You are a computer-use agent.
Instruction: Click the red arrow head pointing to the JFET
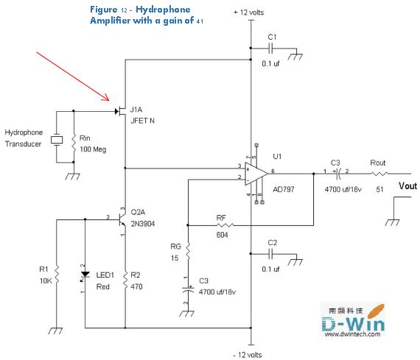(x=107, y=98)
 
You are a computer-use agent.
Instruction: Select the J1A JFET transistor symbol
(x=121, y=111)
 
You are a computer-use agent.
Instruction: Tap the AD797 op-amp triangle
(x=256, y=174)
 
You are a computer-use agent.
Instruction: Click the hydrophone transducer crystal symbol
(x=57, y=140)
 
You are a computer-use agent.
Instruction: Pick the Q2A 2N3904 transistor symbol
(x=122, y=219)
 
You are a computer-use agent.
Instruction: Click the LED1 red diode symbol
(x=85, y=275)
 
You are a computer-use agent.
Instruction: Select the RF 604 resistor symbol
(x=225, y=225)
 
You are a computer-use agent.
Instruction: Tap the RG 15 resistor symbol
(x=188, y=252)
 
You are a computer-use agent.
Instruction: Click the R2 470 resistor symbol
(x=125, y=280)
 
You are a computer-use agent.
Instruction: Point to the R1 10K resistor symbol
(x=57, y=275)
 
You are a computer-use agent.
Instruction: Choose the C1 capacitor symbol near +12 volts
(x=270, y=49)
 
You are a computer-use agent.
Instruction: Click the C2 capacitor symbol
(x=270, y=253)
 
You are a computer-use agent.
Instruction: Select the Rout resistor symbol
(x=379, y=174)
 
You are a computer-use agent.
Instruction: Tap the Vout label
(x=407, y=186)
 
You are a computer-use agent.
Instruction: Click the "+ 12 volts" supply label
(x=248, y=13)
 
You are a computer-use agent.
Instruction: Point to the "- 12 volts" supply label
(x=248, y=355)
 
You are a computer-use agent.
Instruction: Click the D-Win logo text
(x=353, y=324)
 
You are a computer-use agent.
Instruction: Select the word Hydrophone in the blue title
(x=163, y=10)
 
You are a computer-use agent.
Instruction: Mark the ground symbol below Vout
(x=392, y=222)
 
